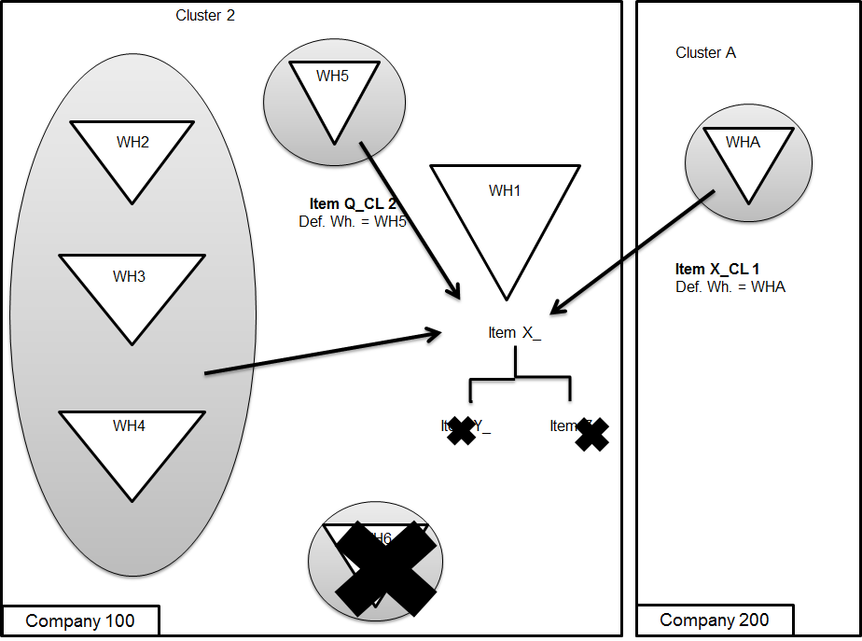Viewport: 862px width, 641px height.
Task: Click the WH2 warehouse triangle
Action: [x=132, y=154]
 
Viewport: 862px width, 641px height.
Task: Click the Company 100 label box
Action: [x=80, y=621]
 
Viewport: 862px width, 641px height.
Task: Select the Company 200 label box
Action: [x=715, y=620]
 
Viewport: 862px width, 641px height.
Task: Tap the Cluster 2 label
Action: [x=205, y=15]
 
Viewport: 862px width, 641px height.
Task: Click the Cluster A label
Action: [x=705, y=53]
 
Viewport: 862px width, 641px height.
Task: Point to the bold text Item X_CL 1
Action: [x=717, y=270]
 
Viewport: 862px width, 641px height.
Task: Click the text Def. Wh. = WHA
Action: [x=730, y=287]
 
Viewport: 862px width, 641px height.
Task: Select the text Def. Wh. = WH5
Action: [x=346, y=222]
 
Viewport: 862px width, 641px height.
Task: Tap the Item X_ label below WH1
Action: [x=514, y=333]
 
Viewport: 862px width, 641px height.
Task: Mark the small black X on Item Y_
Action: [x=461, y=430]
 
